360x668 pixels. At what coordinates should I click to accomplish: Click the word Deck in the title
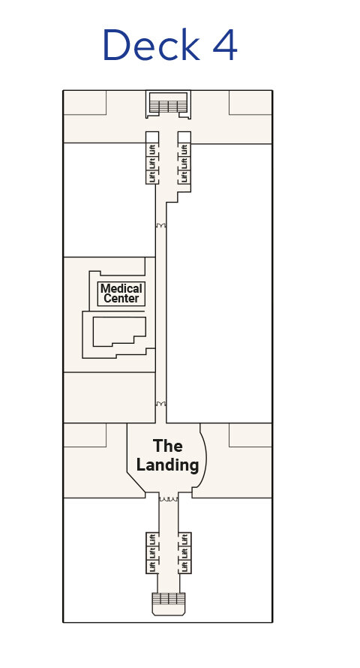pyautogui.click(x=151, y=45)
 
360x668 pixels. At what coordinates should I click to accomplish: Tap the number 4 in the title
pyautogui.click(x=224, y=45)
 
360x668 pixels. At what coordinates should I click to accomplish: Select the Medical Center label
pyautogui.click(x=121, y=293)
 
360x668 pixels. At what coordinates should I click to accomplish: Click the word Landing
pyautogui.click(x=168, y=465)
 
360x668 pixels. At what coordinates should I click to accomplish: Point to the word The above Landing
pyautogui.click(x=168, y=446)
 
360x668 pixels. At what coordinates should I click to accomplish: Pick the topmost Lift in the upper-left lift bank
pyautogui.click(x=152, y=150)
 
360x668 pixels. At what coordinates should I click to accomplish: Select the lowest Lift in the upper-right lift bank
pyautogui.click(x=184, y=176)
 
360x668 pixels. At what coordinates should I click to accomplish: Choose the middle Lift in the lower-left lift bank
pyautogui.click(x=152, y=553)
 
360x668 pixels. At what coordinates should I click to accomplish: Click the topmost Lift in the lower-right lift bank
pyautogui.click(x=184, y=540)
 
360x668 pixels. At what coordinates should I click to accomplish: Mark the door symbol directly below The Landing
pyautogui.click(x=169, y=498)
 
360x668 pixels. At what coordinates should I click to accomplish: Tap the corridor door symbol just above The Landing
pyautogui.click(x=160, y=404)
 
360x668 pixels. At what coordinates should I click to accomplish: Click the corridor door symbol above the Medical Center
pyautogui.click(x=160, y=225)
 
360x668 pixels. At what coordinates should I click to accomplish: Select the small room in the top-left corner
pyautogui.click(x=85, y=103)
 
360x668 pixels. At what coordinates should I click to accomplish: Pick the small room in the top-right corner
pyautogui.click(x=250, y=103)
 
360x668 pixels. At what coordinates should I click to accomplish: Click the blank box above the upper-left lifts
pyautogui.click(x=152, y=137)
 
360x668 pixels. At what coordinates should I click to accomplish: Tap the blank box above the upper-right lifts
pyautogui.click(x=184, y=137)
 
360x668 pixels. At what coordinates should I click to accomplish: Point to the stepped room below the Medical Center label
pyautogui.click(x=119, y=330)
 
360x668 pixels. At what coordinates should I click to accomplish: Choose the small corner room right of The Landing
pyautogui.click(x=250, y=435)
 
